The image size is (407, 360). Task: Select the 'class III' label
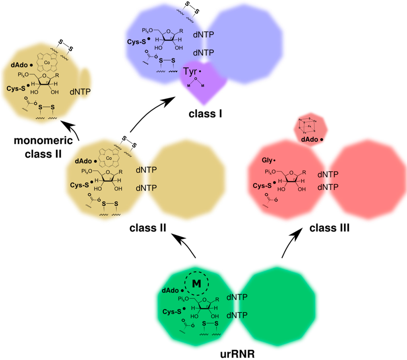pos(329,228)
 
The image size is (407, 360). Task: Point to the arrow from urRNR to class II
pos(187,246)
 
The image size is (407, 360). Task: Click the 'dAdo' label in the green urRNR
pos(171,290)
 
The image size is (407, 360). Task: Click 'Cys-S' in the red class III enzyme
pos(262,185)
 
